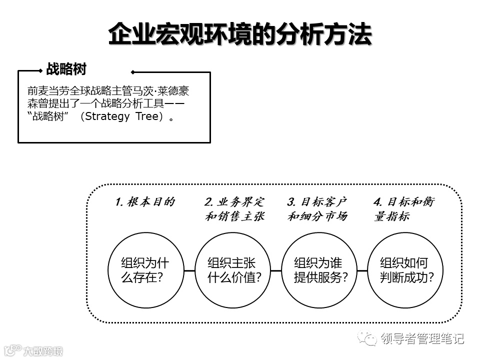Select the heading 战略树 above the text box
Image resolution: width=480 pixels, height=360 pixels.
click(66, 69)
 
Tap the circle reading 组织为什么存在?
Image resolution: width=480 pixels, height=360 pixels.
click(145, 270)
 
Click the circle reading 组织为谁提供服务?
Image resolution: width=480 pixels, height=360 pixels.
click(318, 270)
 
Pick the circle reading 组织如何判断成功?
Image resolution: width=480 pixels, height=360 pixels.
click(405, 270)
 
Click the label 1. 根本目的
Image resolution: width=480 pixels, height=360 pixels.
click(145, 202)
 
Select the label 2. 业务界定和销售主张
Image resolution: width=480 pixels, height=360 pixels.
click(234, 209)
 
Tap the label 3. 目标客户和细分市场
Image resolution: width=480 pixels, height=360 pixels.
click(317, 209)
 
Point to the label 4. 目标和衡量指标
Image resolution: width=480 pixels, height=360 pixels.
click(404, 209)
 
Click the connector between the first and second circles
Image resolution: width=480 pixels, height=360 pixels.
click(188, 270)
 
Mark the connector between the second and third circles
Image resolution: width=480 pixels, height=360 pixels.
click(275, 270)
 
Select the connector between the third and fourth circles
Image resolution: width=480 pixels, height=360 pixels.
click(361, 270)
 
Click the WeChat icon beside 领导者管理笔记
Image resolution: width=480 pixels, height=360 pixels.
click(371, 339)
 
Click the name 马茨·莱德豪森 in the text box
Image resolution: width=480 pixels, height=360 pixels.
click(159, 92)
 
